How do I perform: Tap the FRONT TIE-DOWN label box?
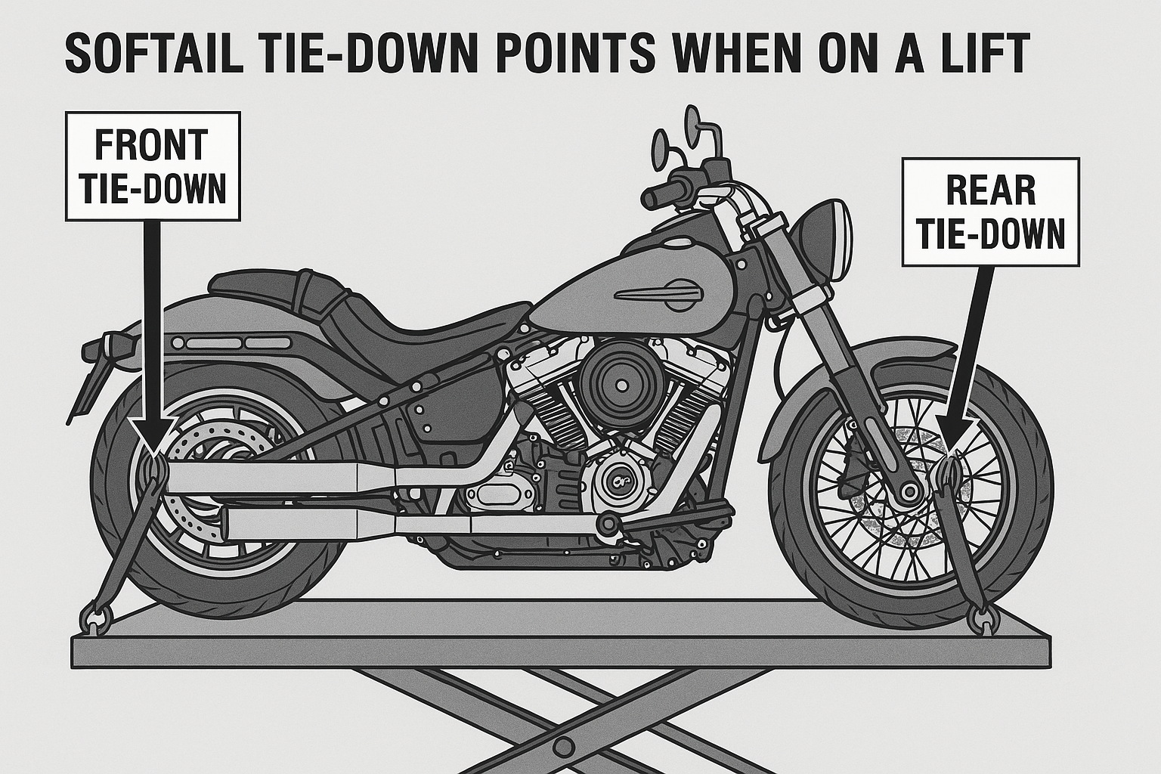(153, 166)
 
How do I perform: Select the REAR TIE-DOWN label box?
(990, 212)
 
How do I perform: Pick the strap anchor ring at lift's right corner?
(984, 620)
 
